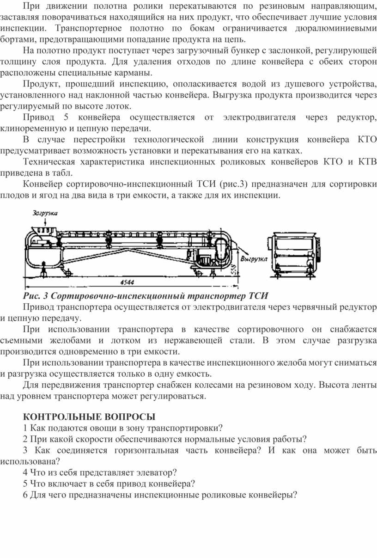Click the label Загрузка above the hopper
coord(45,213)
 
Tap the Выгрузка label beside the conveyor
coord(254,259)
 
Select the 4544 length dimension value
coord(127,282)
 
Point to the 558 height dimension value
coord(234,269)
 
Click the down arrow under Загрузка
coord(45,221)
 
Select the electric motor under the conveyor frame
coord(205,261)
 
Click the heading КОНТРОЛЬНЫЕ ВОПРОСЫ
coord(89,417)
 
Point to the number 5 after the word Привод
coord(66,117)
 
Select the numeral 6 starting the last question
coord(25,495)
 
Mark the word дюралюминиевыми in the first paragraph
coord(336,28)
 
